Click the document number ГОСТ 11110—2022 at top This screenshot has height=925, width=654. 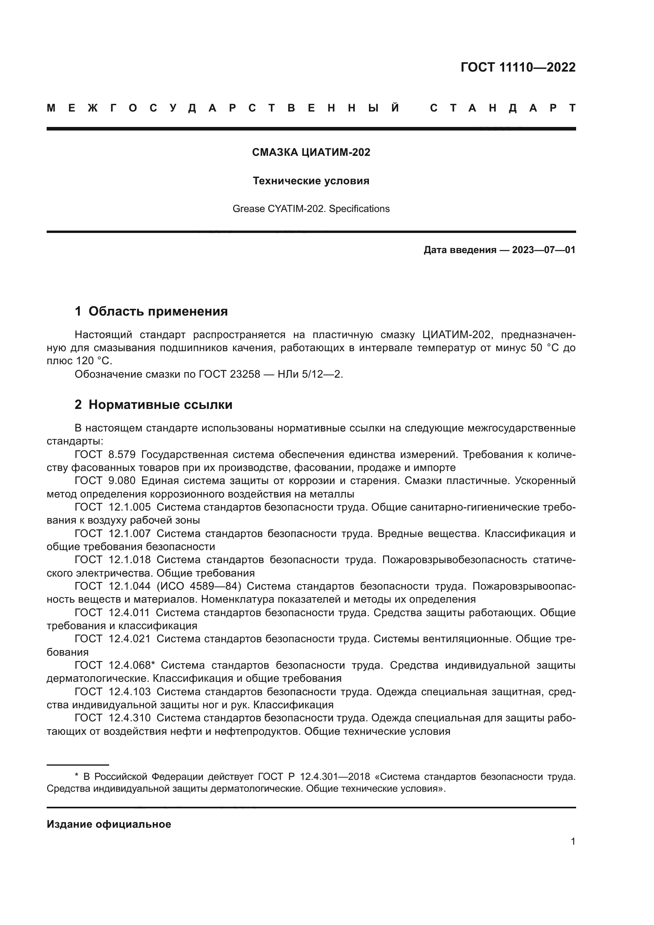[x=518, y=67]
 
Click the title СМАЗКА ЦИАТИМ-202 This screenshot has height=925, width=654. [x=311, y=152]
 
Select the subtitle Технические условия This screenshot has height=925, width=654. [x=311, y=181]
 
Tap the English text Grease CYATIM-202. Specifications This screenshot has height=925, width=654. [x=311, y=209]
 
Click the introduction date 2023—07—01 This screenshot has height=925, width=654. [x=543, y=250]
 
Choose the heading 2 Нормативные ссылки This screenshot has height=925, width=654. [x=153, y=405]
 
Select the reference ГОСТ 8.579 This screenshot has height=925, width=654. [x=105, y=454]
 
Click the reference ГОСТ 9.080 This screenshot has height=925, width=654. [x=105, y=480]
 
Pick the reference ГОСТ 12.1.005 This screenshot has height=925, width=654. [x=113, y=507]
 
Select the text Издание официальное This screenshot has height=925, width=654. [x=109, y=824]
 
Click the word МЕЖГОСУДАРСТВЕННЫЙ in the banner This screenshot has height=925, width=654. [x=223, y=108]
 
